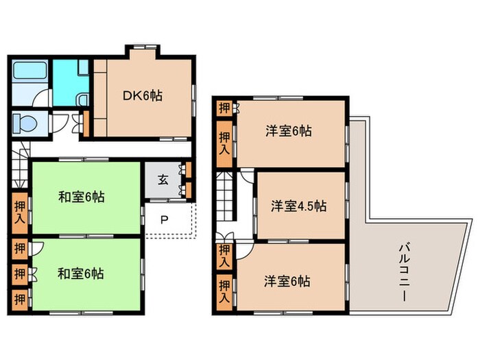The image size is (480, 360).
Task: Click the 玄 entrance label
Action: coord(163,180)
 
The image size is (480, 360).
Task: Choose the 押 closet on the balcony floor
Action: coord(224,108)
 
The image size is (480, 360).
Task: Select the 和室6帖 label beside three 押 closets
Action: coord(81,273)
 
